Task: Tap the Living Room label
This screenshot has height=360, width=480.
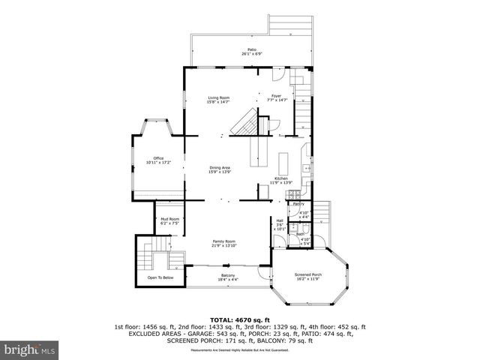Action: tap(218, 97)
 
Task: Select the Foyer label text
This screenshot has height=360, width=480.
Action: tap(276, 95)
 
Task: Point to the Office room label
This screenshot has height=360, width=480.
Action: tap(158, 157)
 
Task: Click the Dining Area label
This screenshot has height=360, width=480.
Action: tap(219, 167)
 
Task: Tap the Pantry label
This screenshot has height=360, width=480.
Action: tap(298, 204)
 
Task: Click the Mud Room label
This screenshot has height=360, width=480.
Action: tap(169, 218)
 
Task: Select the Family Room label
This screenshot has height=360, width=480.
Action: tap(223, 241)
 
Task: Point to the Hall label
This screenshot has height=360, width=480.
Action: tap(280, 220)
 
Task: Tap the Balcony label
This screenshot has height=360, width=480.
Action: tap(227, 275)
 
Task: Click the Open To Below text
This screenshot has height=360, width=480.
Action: tap(160, 277)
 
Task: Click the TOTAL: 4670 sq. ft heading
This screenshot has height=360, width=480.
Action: tap(239, 319)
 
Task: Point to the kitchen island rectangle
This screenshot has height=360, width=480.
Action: tap(283, 163)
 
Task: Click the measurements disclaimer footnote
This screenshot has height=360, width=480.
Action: tap(240, 350)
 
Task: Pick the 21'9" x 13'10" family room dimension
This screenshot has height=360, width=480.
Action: tap(223, 245)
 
